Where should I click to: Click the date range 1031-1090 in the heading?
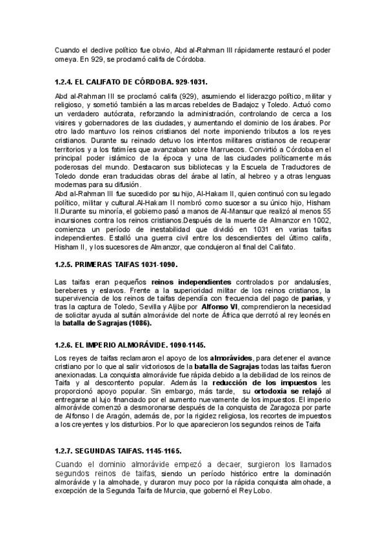pyautogui.click(x=157, y=265)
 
